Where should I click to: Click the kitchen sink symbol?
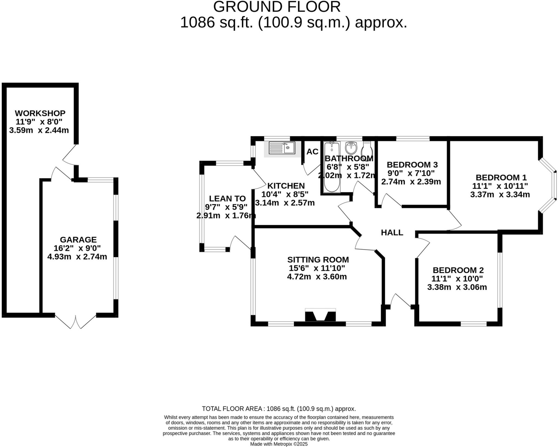point(282,148)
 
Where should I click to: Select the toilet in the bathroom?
point(367,151)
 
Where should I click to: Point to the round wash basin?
point(351,148)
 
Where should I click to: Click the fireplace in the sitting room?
point(320,316)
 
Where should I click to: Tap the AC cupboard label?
point(312,152)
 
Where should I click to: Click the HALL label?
point(392,232)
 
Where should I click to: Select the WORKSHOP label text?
point(40,113)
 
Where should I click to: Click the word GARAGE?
point(78,240)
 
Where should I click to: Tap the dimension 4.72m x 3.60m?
point(317,277)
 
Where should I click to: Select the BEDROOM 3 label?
point(412,165)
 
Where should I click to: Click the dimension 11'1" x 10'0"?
point(457,279)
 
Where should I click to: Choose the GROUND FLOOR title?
point(277,7)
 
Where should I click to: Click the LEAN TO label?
point(227,198)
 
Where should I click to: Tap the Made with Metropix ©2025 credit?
point(279,444)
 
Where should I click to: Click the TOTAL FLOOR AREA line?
point(279,409)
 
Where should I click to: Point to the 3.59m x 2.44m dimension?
point(39,130)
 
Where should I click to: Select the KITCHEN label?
point(286,186)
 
